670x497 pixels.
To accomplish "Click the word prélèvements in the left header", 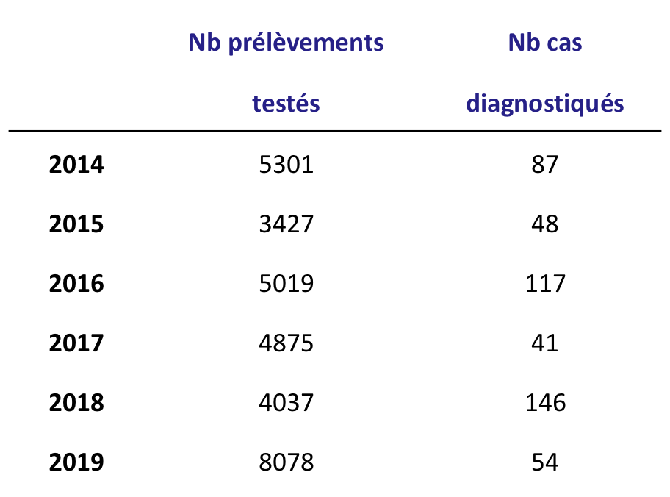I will (x=306, y=43).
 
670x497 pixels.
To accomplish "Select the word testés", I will (x=286, y=104).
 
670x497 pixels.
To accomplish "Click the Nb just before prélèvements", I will (x=205, y=43).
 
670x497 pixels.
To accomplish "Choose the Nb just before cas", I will (x=523, y=43).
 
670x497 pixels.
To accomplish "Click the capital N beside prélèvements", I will (x=198, y=43).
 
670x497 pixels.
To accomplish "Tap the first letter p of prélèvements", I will (x=235, y=46).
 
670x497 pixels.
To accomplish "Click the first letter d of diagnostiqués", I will (x=472, y=104).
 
